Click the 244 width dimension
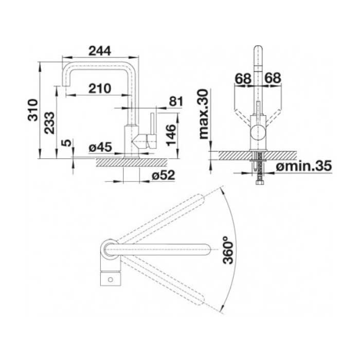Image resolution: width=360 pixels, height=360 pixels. (100, 51)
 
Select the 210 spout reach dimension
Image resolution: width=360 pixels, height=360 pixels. (100, 88)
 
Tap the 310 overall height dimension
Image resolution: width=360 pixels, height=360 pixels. (33, 110)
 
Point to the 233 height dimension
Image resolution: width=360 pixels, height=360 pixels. (49, 122)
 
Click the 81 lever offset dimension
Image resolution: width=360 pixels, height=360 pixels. (176, 101)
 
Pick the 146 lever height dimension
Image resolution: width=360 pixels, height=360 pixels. (171, 135)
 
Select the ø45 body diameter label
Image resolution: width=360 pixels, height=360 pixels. (100, 147)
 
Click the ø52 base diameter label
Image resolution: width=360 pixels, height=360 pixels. (164, 175)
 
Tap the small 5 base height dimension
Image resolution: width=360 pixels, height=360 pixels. (66, 143)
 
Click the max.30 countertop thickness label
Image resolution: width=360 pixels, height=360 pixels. (204, 114)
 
